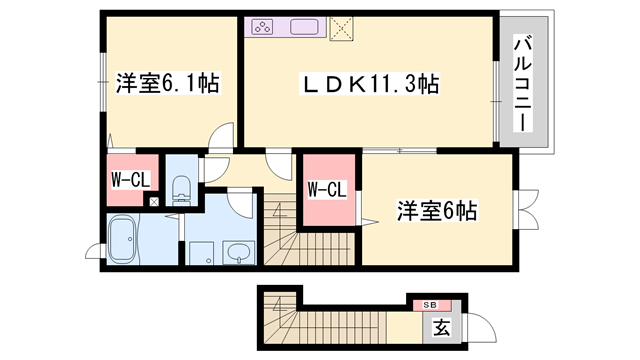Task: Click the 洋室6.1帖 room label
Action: [166, 83]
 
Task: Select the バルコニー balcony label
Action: [522, 84]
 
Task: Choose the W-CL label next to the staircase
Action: [326, 188]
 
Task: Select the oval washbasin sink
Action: [238, 251]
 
